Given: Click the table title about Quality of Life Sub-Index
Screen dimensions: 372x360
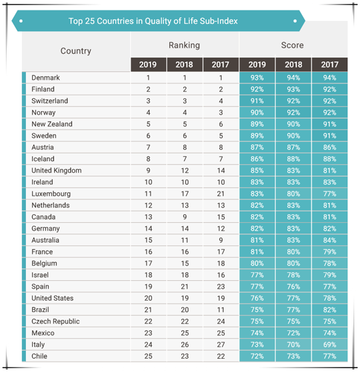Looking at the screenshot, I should click(x=153, y=22).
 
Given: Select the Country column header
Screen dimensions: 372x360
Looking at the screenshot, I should click(x=76, y=51).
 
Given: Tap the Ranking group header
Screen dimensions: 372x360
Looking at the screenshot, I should click(x=184, y=45).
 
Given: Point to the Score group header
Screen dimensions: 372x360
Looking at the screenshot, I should click(x=292, y=45).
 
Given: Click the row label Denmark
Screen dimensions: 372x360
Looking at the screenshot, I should click(x=46, y=78).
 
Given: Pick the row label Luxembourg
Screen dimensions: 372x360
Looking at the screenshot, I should click(x=51, y=194).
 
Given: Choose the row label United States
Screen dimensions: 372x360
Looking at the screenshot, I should click(x=52, y=298).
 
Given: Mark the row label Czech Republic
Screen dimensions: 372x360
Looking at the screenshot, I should click(x=54, y=322).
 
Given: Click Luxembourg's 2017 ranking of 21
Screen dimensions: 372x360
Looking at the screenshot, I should click(x=220, y=194).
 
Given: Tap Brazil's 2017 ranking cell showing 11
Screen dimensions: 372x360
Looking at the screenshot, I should click(x=220, y=310).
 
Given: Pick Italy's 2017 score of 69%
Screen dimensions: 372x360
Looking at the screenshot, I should click(x=329, y=344).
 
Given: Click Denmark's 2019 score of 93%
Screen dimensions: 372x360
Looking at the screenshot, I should click(x=256, y=78).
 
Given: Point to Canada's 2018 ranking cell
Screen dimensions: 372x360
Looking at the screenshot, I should click(x=184, y=217).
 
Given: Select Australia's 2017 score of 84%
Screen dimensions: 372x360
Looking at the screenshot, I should click(x=329, y=240).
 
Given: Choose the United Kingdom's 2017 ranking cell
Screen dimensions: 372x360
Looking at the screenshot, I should click(x=220, y=170).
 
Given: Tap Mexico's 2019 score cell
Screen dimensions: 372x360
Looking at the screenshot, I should click(x=256, y=333).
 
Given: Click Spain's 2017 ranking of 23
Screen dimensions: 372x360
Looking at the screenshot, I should click(x=220, y=287).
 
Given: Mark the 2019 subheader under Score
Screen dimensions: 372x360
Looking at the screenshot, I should click(x=256, y=64).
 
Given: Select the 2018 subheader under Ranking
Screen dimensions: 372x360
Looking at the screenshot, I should click(x=184, y=64).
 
